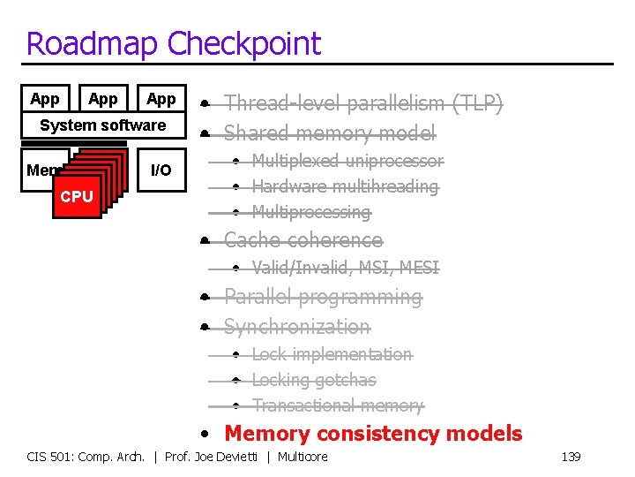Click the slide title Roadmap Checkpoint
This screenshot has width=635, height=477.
click(x=174, y=43)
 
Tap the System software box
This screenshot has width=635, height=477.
click(x=103, y=125)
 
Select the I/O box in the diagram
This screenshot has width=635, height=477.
click(x=161, y=170)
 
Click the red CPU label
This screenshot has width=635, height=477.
click(x=77, y=196)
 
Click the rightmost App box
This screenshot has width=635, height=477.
click(x=161, y=99)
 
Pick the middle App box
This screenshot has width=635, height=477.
click(x=103, y=99)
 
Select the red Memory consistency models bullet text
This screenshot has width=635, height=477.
click(x=373, y=434)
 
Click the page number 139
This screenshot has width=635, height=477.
click(x=571, y=457)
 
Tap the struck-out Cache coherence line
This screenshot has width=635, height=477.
click(x=303, y=240)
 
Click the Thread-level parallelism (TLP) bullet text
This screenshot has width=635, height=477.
click(x=362, y=104)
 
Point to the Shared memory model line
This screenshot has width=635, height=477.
click(x=329, y=133)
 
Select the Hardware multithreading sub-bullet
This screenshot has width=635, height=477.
click(x=345, y=186)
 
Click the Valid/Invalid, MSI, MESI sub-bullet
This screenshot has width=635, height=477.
click(x=345, y=268)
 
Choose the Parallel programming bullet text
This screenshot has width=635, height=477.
click(x=323, y=297)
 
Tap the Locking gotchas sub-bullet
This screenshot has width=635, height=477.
click(x=314, y=380)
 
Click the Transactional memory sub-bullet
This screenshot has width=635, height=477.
click(x=338, y=405)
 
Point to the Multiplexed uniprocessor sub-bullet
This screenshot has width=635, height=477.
click(x=347, y=161)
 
